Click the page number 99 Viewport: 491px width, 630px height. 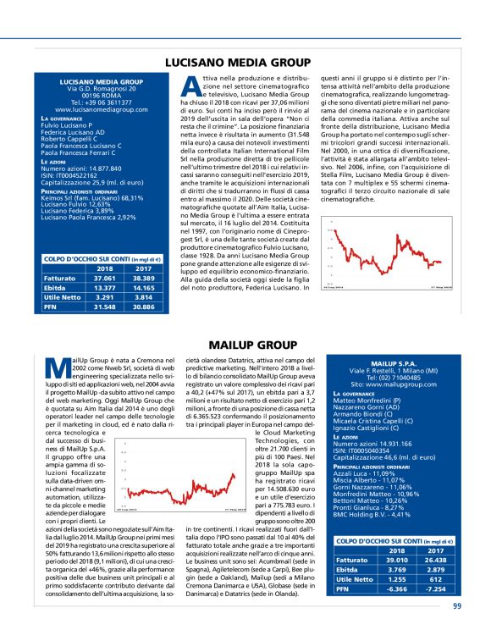pyautogui.click(x=457, y=605)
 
